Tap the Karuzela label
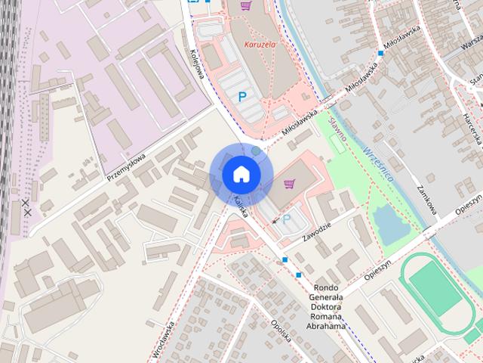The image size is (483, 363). point(260,45)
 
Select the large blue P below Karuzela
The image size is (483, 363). point(241,96)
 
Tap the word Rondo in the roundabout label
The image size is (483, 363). point(328,287)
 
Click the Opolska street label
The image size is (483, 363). point(279,331)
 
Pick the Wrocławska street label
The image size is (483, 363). point(163,340)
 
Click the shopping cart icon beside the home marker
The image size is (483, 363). point(289,183)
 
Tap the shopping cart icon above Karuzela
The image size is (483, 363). point(245,6)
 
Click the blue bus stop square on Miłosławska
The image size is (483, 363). point(380,54)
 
